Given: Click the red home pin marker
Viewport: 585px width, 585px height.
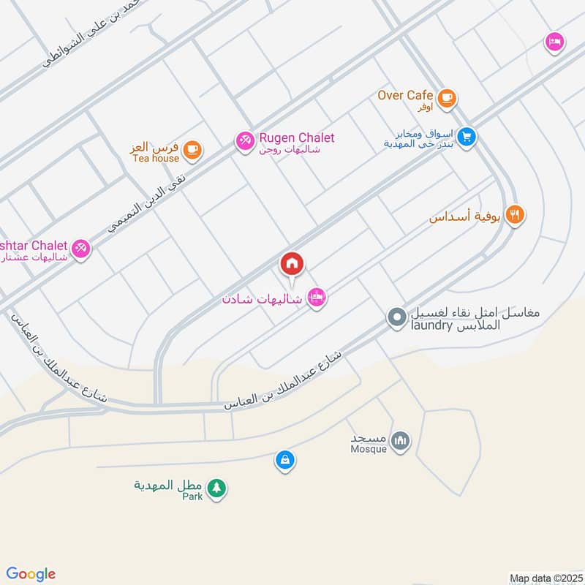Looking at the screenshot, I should [x=292, y=263].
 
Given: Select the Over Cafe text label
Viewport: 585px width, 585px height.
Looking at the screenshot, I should [x=406, y=95].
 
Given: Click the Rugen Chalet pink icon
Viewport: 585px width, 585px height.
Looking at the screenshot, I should [x=244, y=140].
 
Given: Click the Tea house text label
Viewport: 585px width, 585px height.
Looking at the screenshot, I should [x=156, y=158].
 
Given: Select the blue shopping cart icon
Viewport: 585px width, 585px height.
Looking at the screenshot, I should [x=468, y=137].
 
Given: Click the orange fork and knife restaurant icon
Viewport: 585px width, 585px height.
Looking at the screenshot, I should [x=516, y=215].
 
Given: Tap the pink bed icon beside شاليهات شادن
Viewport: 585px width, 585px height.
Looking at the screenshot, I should [x=317, y=297].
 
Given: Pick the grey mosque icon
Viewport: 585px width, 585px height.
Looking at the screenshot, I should [x=400, y=440].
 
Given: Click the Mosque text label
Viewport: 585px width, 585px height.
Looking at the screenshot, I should [x=369, y=449].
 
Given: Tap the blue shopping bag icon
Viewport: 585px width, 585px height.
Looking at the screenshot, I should [x=284, y=460].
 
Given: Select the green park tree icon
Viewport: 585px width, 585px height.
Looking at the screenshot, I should [x=216, y=488].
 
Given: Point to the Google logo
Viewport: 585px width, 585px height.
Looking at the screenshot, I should [x=31, y=573].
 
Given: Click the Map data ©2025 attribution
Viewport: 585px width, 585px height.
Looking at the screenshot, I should [x=544, y=578].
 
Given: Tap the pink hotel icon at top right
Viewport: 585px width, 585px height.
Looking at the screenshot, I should [x=554, y=42].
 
